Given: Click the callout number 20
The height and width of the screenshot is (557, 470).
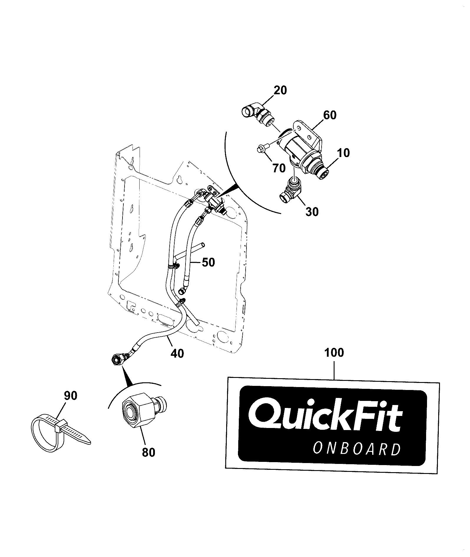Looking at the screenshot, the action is coord(280,90).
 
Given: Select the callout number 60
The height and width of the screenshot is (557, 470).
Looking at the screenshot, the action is coord(330,115).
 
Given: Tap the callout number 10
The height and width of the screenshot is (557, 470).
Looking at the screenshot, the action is coord(343,153).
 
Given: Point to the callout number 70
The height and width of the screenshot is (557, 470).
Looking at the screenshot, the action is coord(279,168).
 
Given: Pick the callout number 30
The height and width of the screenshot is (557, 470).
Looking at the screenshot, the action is coord(312,211).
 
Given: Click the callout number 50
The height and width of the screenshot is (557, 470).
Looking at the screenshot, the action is coord(208,262).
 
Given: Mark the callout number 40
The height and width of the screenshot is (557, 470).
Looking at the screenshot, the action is coord(177,353).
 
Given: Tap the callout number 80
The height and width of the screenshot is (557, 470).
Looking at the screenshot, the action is coord(148,460).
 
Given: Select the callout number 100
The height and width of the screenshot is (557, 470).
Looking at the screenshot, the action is coord(334,353).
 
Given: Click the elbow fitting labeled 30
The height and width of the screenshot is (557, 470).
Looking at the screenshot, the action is coord(290,191).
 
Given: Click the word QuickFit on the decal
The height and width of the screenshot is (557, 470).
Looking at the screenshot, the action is coord(325,416).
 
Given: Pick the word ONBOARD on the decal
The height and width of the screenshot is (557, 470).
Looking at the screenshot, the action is coord(357,449).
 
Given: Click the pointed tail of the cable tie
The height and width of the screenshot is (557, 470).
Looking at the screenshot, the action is coord(87,441).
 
